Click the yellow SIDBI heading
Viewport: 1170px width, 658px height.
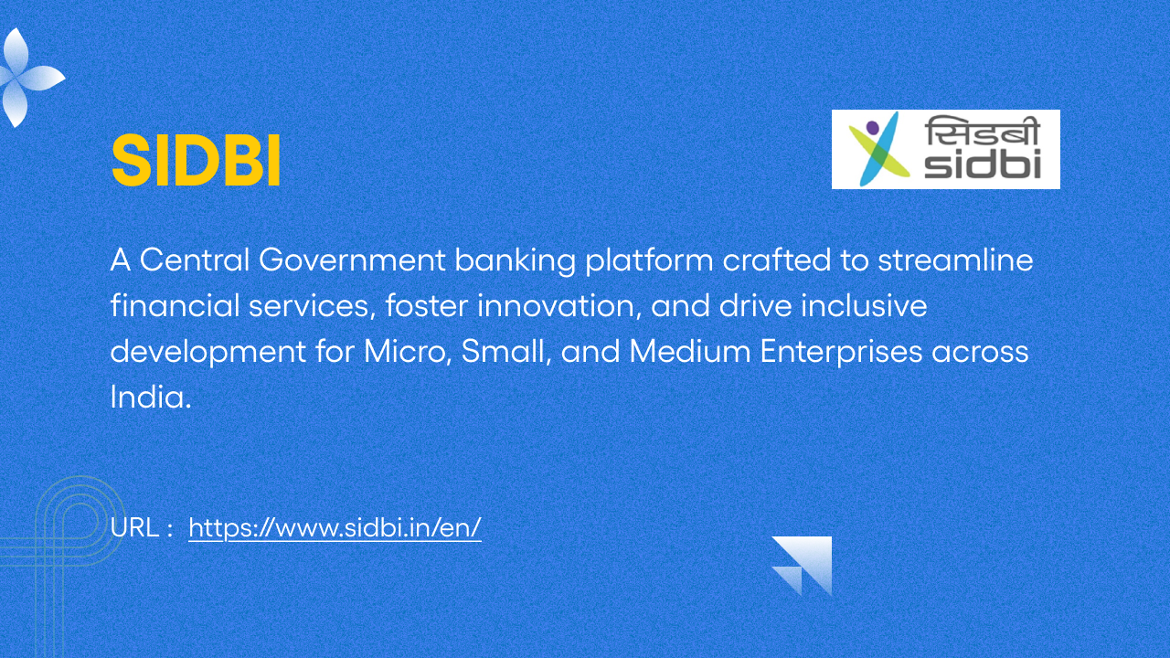coord(196,162)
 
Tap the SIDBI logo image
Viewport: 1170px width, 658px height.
coord(945,149)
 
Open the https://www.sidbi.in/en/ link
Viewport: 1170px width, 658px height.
coord(335,527)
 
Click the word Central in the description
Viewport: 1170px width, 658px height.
coord(195,260)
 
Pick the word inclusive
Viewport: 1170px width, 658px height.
coord(864,306)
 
